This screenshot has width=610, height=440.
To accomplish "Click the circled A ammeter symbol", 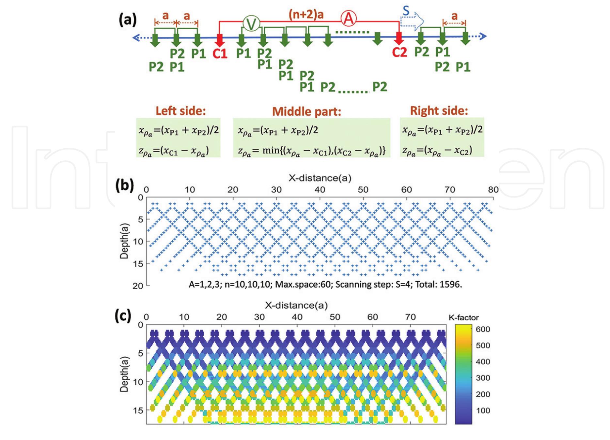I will point(349,19).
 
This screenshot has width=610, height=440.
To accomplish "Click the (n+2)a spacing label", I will point(306,15).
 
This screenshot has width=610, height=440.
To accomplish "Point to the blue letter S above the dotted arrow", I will point(406,11).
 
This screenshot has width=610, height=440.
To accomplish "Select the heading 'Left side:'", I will point(180,111).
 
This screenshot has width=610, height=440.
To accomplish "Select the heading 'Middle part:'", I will point(306,112).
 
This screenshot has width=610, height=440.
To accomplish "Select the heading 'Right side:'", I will point(439,111).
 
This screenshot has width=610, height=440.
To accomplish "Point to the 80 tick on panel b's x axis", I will point(493,190).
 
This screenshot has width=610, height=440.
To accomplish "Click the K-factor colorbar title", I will point(464,317).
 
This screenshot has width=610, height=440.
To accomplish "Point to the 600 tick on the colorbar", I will point(483,329).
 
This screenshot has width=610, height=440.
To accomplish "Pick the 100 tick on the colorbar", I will point(483,410).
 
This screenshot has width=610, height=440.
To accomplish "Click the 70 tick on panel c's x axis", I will point(410,317).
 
